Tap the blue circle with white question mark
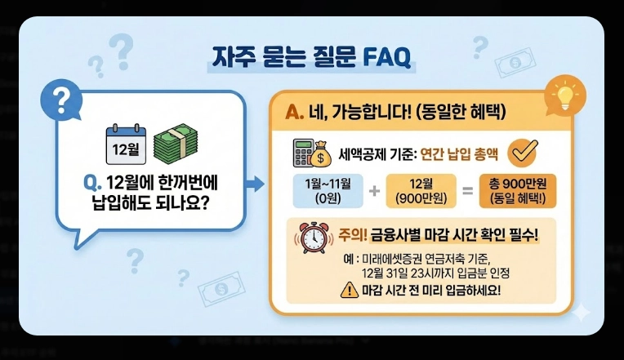tap(59, 100)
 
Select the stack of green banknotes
tap(177, 142)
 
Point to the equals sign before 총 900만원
tap(468, 191)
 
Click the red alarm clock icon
tap(311, 238)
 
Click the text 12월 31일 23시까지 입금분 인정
tap(442, 273)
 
